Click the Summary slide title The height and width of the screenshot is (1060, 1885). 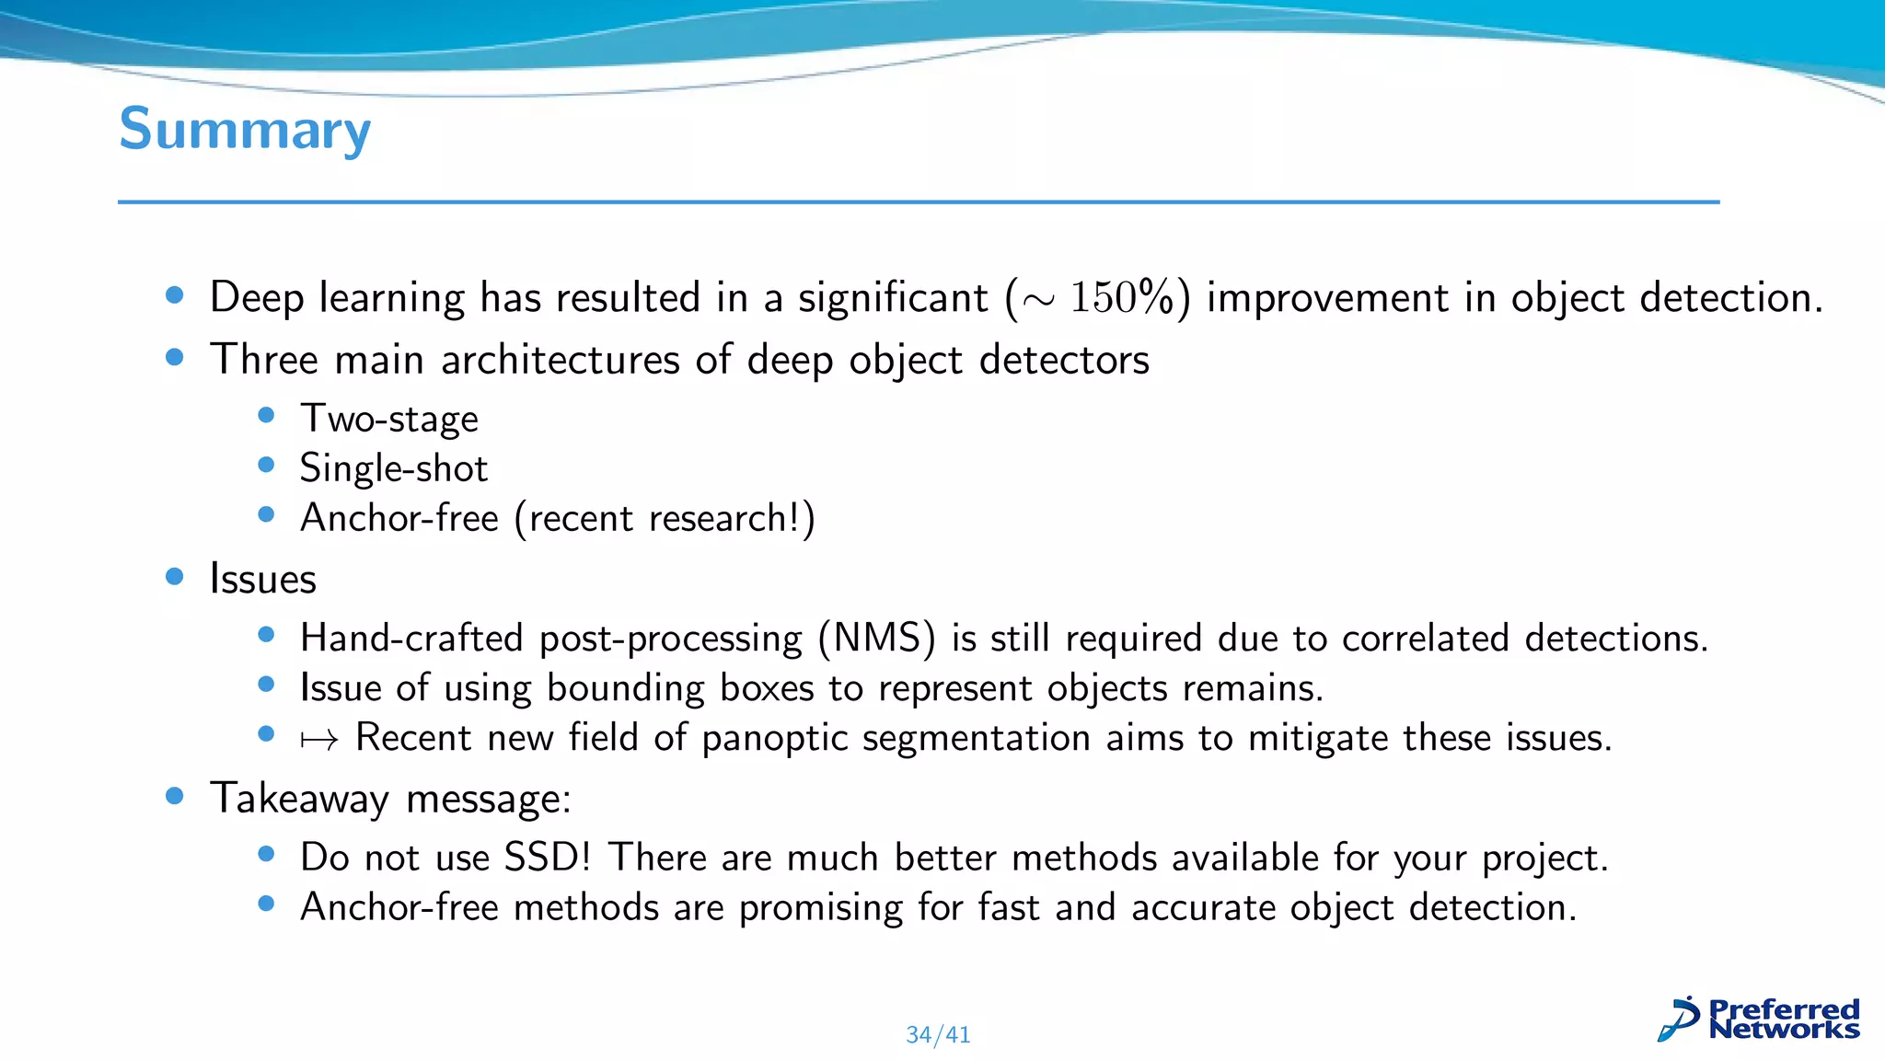pos(245,130)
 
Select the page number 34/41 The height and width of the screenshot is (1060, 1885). pos(938,1035)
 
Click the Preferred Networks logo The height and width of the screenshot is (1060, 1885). pos(1759,1020)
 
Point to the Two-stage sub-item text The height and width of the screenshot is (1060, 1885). pos(389,420)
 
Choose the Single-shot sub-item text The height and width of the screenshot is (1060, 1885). pos(394,469)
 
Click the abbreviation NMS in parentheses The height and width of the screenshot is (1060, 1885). pos(878,639)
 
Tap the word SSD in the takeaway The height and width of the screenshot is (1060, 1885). pos(542,858)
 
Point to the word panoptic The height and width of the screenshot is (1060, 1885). pos(774,739)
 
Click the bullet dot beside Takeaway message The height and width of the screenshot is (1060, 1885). pos(175,796)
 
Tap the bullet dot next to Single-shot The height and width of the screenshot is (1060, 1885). pos(267,466)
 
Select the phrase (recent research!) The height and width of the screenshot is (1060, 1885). pos(665,519)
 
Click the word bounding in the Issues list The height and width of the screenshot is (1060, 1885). pos(626,689)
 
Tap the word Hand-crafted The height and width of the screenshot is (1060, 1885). pos(411,639)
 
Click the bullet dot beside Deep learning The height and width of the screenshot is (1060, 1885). pos(175,295)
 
